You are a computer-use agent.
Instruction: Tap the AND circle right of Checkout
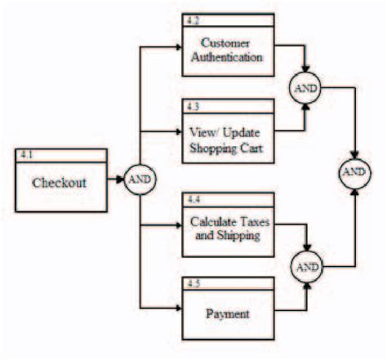pyautogui.click(x=140, y=180)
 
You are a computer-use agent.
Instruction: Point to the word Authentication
pyautogui.click(x=225, y=57)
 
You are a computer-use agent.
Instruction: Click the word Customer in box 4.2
pyautogui.click(x=225, y=44)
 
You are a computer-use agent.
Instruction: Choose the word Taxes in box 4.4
pyautogui.click(x=246, y=222)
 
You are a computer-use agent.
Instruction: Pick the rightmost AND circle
pyautogui.click(x=354, y=172)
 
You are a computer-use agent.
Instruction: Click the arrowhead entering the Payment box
pyautogui.click(x=176, y=309)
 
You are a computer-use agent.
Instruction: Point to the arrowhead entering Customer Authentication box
pyautogui.click(x=176, y=47)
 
